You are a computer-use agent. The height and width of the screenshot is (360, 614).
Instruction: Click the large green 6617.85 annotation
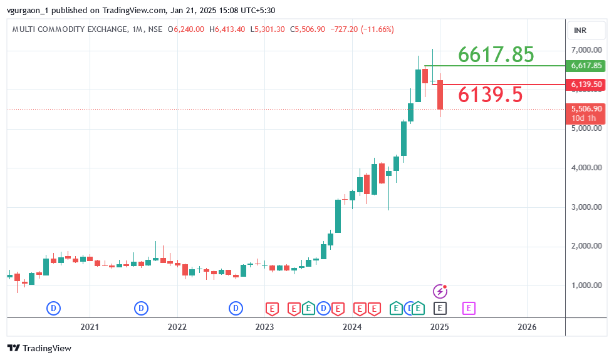[x=496, y=55]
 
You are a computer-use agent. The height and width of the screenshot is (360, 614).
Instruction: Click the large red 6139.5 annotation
[x=490, y=95]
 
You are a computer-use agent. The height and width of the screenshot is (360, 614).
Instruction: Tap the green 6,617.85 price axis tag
[x=586, y=66]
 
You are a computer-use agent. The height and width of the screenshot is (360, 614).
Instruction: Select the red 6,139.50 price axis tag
[x=586, y=85]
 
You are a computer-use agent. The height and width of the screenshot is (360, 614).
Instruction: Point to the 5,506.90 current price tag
[x=586, y=109]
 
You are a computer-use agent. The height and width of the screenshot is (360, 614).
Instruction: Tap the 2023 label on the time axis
[x=264, y=327]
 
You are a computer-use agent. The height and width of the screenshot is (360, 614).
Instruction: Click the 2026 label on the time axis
[x=527, y=327]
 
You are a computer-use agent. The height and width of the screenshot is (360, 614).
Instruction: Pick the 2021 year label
[x=90, y=327]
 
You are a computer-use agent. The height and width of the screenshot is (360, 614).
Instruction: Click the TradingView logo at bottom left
[x=39, y=348]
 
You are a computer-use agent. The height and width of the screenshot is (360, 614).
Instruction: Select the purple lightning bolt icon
[x=440, y=291]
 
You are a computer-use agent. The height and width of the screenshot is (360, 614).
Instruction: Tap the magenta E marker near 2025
[x=469, y=308]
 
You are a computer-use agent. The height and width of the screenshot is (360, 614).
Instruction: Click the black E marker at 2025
[x=440, y=308]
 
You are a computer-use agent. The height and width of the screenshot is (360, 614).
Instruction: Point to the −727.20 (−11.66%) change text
[x=363, y=29]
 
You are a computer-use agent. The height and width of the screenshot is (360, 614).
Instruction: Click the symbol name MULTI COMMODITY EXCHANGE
[x=68, y=29]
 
